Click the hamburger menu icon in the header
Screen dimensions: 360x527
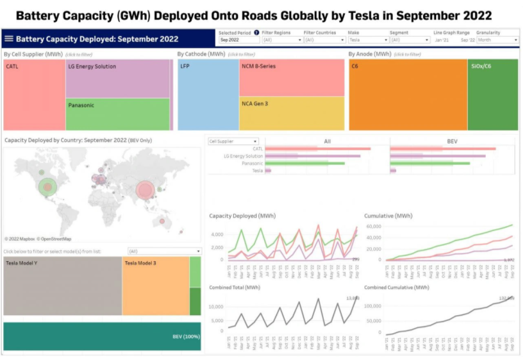9,39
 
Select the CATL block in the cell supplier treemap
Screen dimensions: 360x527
33,94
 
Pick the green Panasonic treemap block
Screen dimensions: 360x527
117,114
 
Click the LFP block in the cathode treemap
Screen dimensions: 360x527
207,94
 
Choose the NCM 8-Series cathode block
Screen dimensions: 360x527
292,77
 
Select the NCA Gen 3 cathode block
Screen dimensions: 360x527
292,113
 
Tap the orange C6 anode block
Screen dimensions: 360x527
407,94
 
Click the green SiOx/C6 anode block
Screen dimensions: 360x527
492,94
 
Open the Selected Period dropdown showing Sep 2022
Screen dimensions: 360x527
238,40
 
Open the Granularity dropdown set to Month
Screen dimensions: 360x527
497,40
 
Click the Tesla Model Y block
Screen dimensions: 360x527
62,286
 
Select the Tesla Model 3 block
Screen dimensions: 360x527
155,286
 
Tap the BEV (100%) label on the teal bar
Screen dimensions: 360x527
185,336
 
